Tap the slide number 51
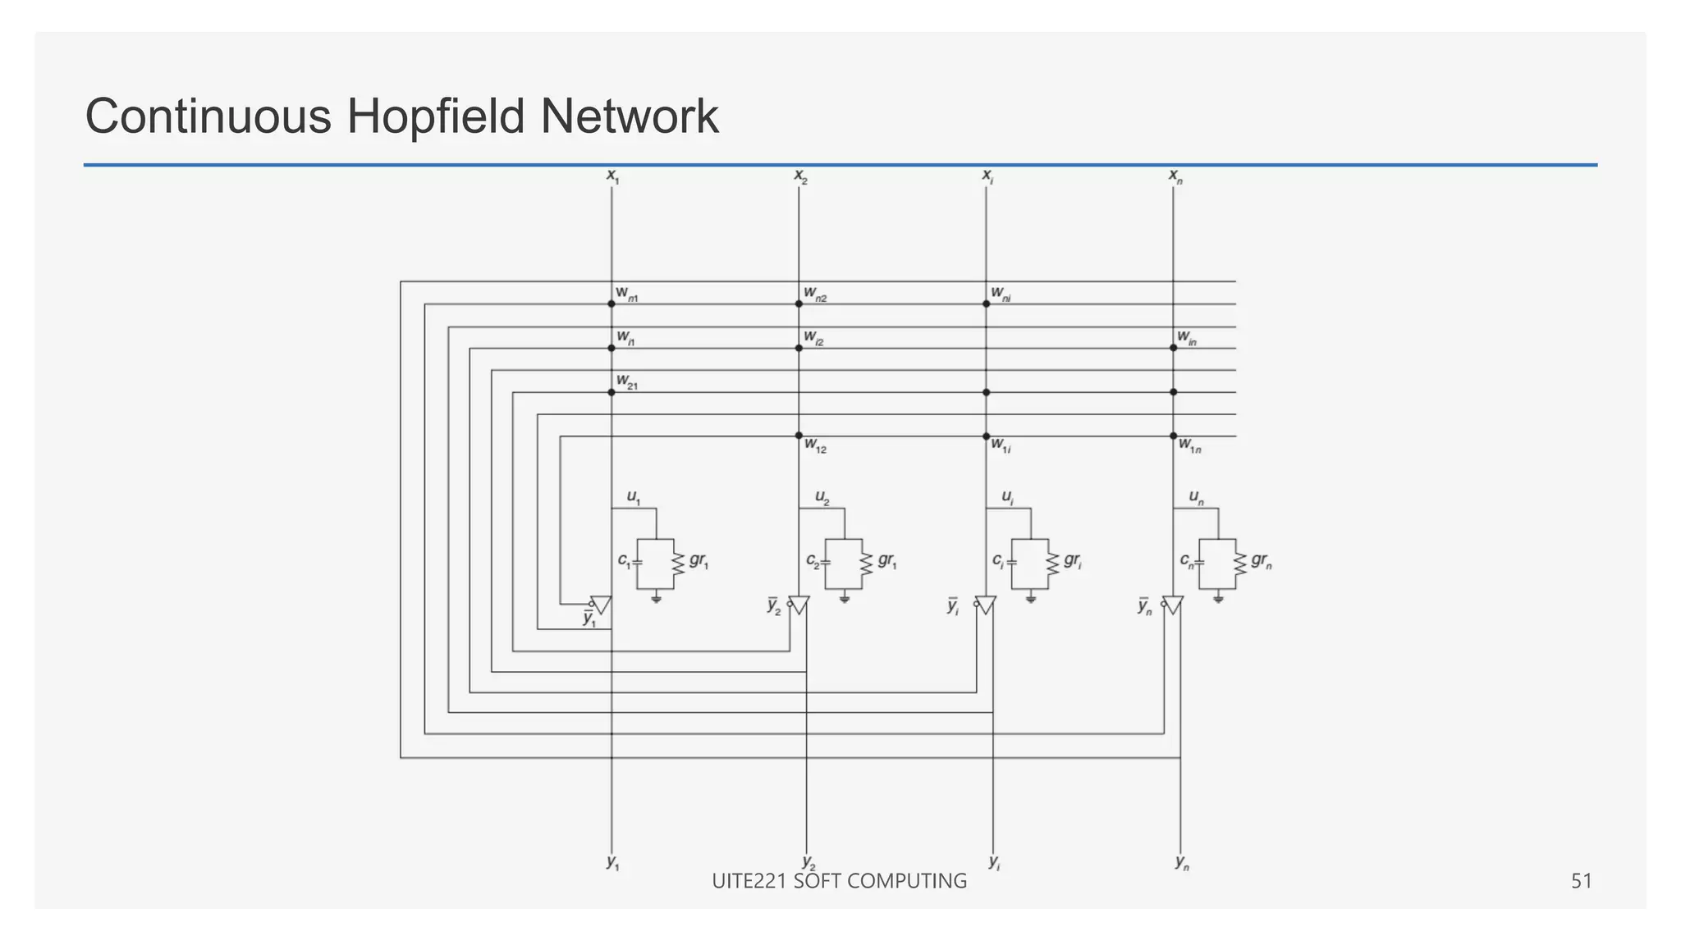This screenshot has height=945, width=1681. tap(1581, 881)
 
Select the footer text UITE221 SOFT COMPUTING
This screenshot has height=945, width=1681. tap(839, 881)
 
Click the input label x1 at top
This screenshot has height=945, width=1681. tap(612, 176)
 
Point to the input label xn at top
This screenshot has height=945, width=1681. tap(1175, 176)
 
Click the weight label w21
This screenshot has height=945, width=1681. tap(627, 381)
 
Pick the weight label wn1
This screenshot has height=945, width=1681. tap(627, 294)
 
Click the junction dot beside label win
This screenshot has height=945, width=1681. tap(1173, 348)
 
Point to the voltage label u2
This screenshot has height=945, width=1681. tap(822, 497)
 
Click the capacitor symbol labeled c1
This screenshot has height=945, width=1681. tap(638, 563)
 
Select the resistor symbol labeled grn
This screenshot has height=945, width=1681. tap(1239, 564)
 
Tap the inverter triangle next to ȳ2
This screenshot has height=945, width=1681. tap(799, 605)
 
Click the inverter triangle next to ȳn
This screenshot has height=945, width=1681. tap(1174, 605)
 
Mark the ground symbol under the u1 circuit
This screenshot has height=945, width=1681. tap(656, 599)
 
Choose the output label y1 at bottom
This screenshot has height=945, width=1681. tap(613, 862)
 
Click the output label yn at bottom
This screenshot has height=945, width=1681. tap(1182, 862)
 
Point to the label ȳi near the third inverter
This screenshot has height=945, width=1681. tap(953, 606)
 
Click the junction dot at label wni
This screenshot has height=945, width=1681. tap(986, 304)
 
